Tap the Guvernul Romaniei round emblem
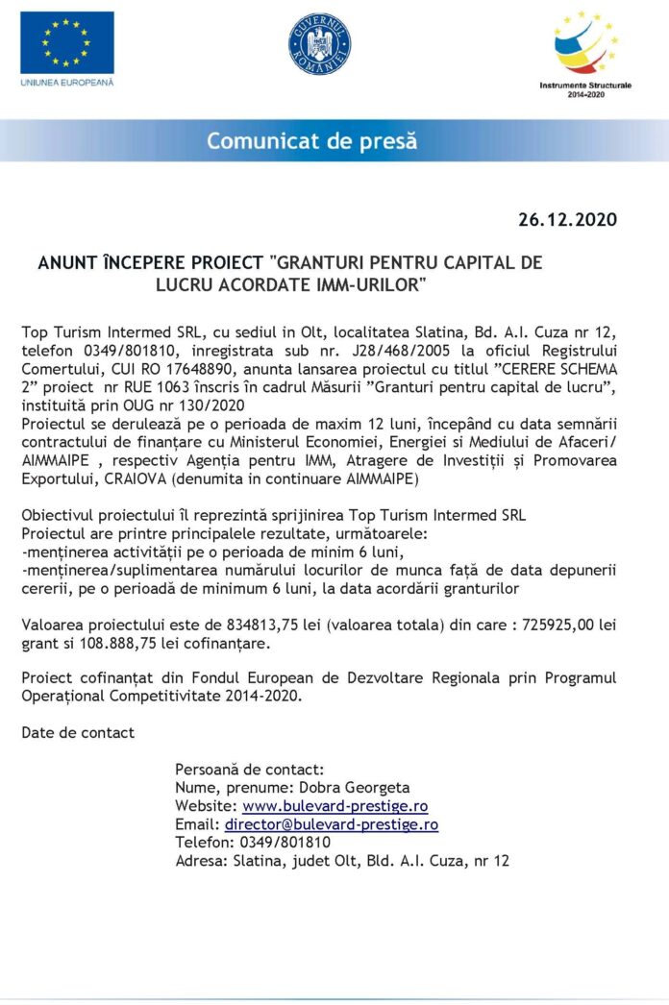[319, 46]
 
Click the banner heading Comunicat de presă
[312, 141]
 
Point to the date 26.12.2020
[567, 220]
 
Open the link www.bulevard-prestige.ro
[334, 806]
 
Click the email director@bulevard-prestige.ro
[332, 824]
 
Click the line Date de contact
[78, 732]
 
